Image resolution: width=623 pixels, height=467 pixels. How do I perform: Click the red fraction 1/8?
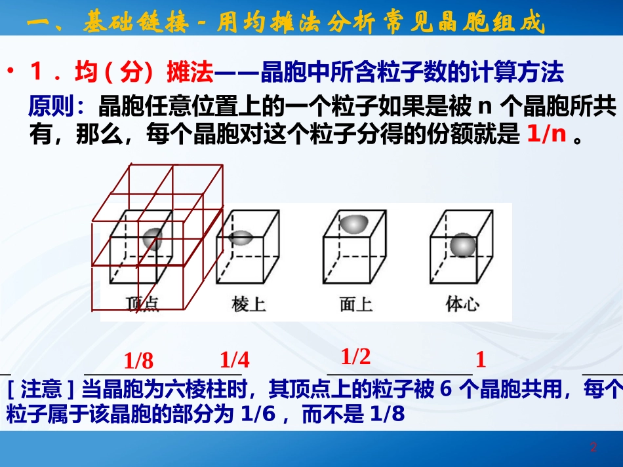tap(138, 361)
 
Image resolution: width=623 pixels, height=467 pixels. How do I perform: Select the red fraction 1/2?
tap(356, 356)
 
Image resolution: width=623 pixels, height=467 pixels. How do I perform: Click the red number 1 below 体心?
tap(481, 360)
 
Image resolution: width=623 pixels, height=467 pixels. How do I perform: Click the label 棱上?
tap(249, 304)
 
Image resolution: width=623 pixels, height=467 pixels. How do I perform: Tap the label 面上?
tap(356, 304)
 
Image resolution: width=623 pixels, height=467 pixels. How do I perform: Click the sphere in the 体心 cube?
tap(463, 246)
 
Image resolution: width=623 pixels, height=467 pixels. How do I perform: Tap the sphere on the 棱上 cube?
tap(242, 238)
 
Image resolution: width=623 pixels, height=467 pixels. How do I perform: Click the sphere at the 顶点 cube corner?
tap(152, 238)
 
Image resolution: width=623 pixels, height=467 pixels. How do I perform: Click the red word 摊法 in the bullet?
tap(191, 73)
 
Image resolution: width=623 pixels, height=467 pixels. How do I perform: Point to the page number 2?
tap(593, 448)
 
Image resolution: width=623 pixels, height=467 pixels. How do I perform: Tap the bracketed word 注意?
tap(42, 391)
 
